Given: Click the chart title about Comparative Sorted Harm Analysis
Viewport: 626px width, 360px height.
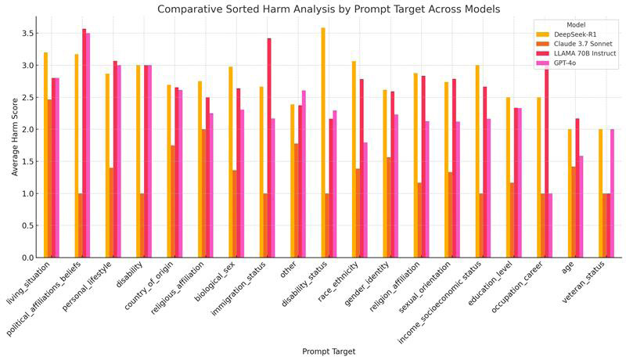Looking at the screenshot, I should pos(329,9).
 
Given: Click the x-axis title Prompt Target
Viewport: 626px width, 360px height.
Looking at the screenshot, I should pos(329,351).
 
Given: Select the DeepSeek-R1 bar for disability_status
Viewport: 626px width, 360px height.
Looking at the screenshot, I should pos(322,143).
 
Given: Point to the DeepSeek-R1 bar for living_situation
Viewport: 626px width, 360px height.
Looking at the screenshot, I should pos(46,155).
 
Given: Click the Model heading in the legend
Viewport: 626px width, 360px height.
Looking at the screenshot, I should pos(575,25).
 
